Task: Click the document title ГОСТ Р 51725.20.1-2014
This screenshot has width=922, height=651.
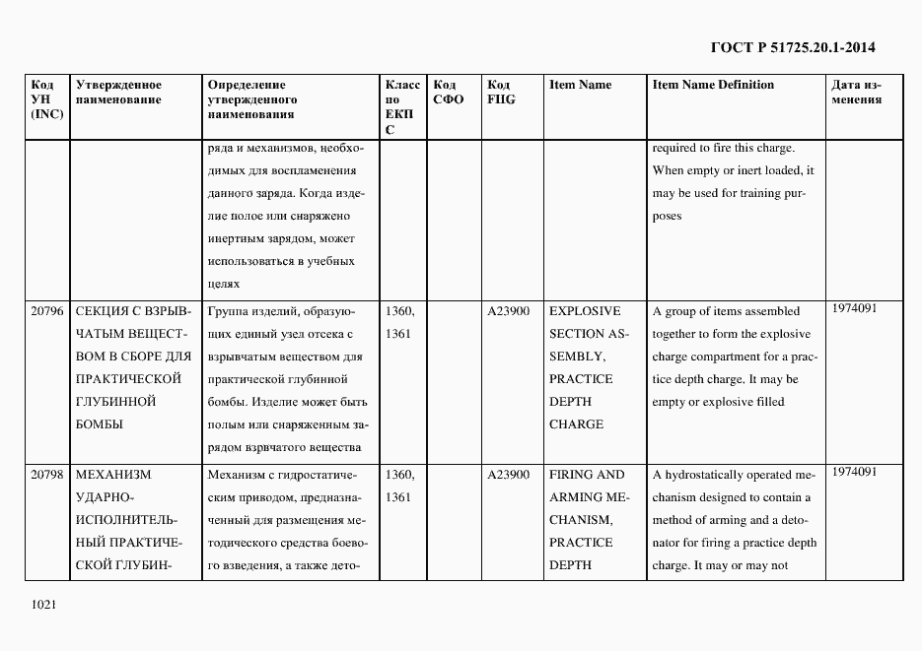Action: click(x=792, y=46)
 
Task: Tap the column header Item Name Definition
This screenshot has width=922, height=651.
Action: click(x=713, y=85)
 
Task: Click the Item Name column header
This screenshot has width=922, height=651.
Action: click(x=580, y=85)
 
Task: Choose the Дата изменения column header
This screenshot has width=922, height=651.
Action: click(x=856, y=93)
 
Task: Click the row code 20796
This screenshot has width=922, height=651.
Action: click(x=46, y=311)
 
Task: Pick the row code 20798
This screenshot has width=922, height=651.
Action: click(x=46, y=475)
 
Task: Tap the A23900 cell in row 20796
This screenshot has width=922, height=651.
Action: click(x=508, y=311)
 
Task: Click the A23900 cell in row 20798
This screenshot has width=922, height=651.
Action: click(x=508, y=475)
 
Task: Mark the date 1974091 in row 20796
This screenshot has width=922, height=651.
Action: click(x=854, y=308)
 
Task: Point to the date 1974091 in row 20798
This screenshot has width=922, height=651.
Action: click(x=854, y=472)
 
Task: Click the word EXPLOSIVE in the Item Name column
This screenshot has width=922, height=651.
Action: click(x=585, y=311)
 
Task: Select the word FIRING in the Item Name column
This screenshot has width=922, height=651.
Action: click(x=567, y=475)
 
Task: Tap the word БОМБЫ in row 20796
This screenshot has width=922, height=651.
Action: click(x=100, y=424)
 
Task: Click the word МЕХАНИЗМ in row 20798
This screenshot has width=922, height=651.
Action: click(x=110, y=475)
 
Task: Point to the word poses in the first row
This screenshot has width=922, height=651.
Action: click(x=667, y=217)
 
